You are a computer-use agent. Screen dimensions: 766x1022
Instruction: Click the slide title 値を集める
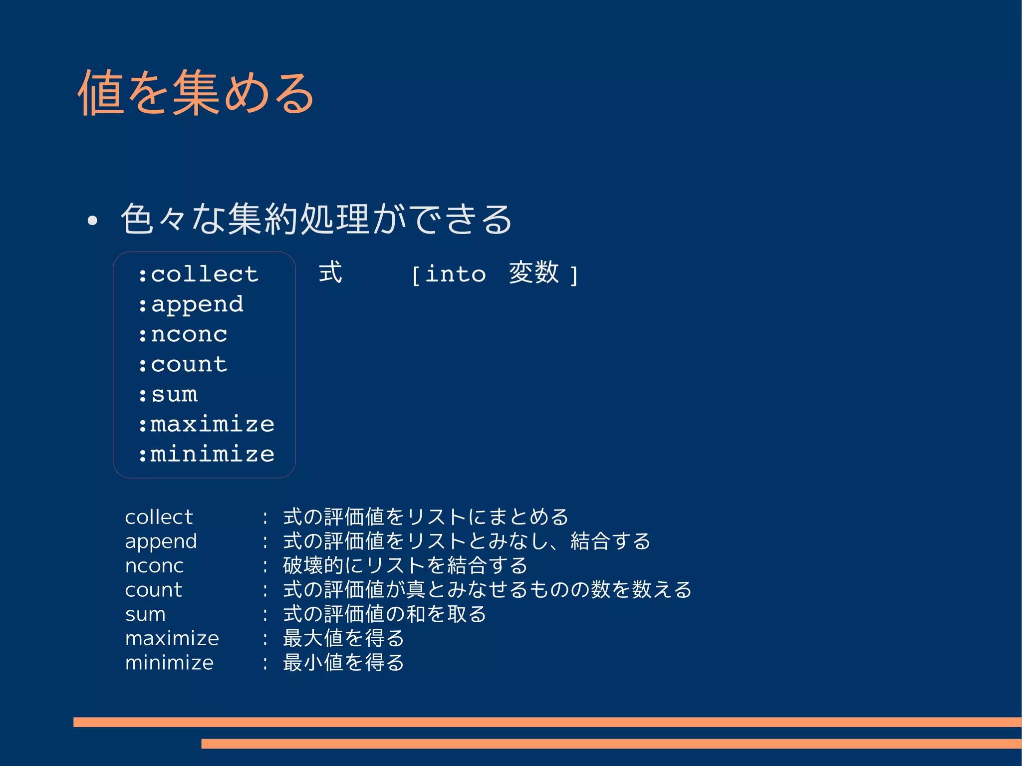196,93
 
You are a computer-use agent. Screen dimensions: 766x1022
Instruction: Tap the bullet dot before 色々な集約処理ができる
92,221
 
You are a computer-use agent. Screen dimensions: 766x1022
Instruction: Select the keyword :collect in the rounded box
199,274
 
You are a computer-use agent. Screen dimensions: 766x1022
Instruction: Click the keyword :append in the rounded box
191,304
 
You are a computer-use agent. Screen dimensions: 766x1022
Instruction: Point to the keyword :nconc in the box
183,334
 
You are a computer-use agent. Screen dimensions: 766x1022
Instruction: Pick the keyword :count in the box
183,364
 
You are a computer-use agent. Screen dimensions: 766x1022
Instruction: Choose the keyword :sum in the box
168,394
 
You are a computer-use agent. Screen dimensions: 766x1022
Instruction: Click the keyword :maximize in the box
206,424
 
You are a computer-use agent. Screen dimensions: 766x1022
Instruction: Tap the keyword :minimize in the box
206,454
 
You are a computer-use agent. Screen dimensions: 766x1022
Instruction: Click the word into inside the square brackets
455,274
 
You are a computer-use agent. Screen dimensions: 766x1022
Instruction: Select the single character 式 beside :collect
330,272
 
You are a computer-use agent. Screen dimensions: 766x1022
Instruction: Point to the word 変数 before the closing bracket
533,272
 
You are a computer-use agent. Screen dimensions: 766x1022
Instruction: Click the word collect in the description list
159,517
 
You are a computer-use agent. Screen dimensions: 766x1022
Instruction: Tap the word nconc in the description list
154,566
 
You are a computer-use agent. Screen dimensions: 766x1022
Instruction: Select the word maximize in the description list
172,639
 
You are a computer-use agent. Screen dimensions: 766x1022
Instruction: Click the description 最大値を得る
343,638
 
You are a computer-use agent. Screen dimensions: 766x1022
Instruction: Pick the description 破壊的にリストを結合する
405,565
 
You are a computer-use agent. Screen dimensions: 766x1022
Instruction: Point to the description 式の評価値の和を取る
384,614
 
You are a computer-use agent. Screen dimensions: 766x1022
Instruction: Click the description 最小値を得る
343,663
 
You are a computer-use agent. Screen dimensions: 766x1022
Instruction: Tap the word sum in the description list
145,614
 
